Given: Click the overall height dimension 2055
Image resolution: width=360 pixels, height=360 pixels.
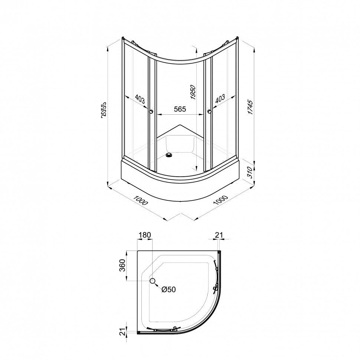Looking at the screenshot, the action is pos(104,110).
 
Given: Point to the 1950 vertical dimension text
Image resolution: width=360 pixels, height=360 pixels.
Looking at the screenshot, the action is pos(193,92).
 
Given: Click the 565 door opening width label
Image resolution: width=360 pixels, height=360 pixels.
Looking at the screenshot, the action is pos(180,109).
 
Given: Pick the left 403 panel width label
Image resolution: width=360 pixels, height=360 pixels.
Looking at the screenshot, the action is pos(140,99).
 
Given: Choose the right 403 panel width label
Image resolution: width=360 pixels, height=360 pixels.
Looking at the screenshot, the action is pos(220,99).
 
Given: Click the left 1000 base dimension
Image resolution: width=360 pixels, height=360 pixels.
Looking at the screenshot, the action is pos(141,200).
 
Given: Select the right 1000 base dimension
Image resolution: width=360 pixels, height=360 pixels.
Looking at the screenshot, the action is pos(220,200).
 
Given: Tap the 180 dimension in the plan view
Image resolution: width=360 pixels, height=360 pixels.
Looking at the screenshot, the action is pos(145,235).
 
